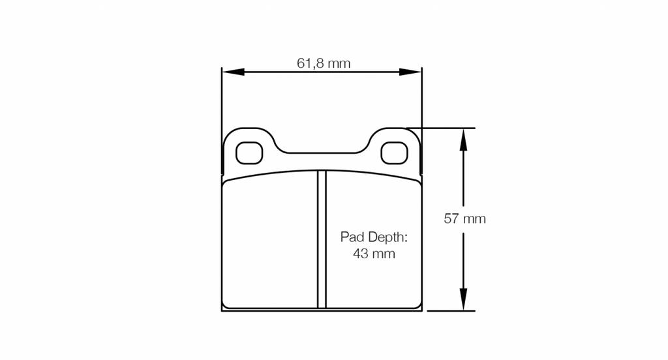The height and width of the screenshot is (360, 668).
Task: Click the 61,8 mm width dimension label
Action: (324, 63)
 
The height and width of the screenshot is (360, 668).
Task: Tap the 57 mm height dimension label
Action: (464, 218)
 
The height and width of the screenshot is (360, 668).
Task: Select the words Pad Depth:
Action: (374, 237)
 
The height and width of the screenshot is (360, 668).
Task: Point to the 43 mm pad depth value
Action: (374, 254)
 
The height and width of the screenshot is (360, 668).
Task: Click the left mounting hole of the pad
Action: (249, 153)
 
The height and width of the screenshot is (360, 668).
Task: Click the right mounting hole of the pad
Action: (394, 153)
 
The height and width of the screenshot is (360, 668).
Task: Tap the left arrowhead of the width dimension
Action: (233, 72)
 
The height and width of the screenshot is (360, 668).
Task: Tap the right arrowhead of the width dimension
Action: (410, 72)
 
